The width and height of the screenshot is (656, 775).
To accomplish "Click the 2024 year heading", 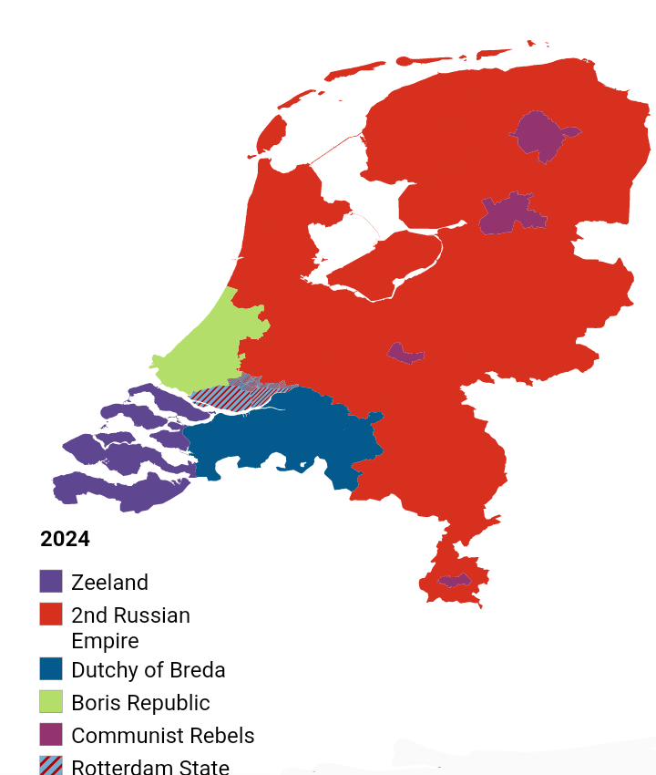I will point(65,539).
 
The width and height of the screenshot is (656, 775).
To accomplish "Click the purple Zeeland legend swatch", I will point(51,582).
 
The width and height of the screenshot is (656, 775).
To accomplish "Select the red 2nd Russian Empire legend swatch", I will point(51,615).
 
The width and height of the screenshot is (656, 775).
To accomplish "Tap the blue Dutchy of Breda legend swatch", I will point(51,669).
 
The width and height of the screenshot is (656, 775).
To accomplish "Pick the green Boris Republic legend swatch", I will point(51,702).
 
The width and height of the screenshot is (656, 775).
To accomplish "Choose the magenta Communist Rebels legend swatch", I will point(51,735).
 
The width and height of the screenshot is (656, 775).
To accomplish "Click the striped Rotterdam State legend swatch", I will point(51,766).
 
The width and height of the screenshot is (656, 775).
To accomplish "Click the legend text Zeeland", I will point(109,583).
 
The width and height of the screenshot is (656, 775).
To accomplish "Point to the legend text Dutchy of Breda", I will point(148,670).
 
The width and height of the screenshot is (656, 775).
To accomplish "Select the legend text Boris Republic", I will point(140,703).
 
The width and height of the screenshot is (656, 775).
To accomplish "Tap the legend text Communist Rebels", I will point(162,736).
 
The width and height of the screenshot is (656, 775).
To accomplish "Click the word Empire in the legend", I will point(105,640).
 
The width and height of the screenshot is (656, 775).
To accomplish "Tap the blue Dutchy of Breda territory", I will point(273,438).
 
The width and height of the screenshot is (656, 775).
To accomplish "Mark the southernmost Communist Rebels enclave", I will point(454,580).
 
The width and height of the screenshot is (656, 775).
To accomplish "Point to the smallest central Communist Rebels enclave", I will point(405,353).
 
